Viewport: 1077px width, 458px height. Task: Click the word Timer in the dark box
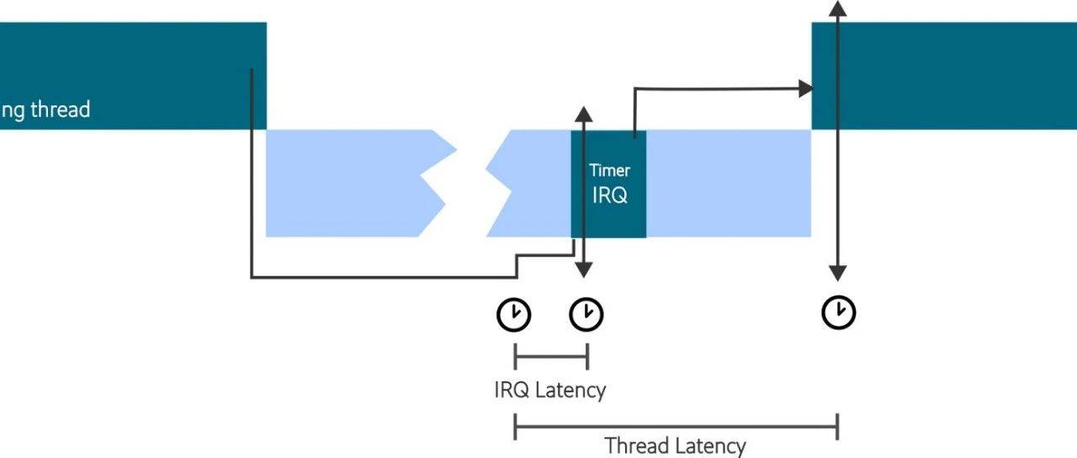[609, 171]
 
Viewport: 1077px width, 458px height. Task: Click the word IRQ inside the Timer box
[609, 195]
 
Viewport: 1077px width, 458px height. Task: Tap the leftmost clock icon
[513, 314]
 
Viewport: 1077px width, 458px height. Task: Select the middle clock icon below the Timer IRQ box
[586, 314]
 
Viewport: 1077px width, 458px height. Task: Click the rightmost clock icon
[838, 312]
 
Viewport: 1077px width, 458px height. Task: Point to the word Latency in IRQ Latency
[570, 391]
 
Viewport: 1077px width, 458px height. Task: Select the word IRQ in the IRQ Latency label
[512, 391]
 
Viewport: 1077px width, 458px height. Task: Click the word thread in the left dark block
[60, 109]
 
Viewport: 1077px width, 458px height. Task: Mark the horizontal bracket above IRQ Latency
[550, 357]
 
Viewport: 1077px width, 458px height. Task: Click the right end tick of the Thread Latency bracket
[837, 426]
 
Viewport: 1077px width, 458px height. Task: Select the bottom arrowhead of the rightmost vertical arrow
[837, 273]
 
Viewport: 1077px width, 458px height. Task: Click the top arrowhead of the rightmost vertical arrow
[837, 7]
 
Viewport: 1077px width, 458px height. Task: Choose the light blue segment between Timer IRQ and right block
[728, 183]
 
